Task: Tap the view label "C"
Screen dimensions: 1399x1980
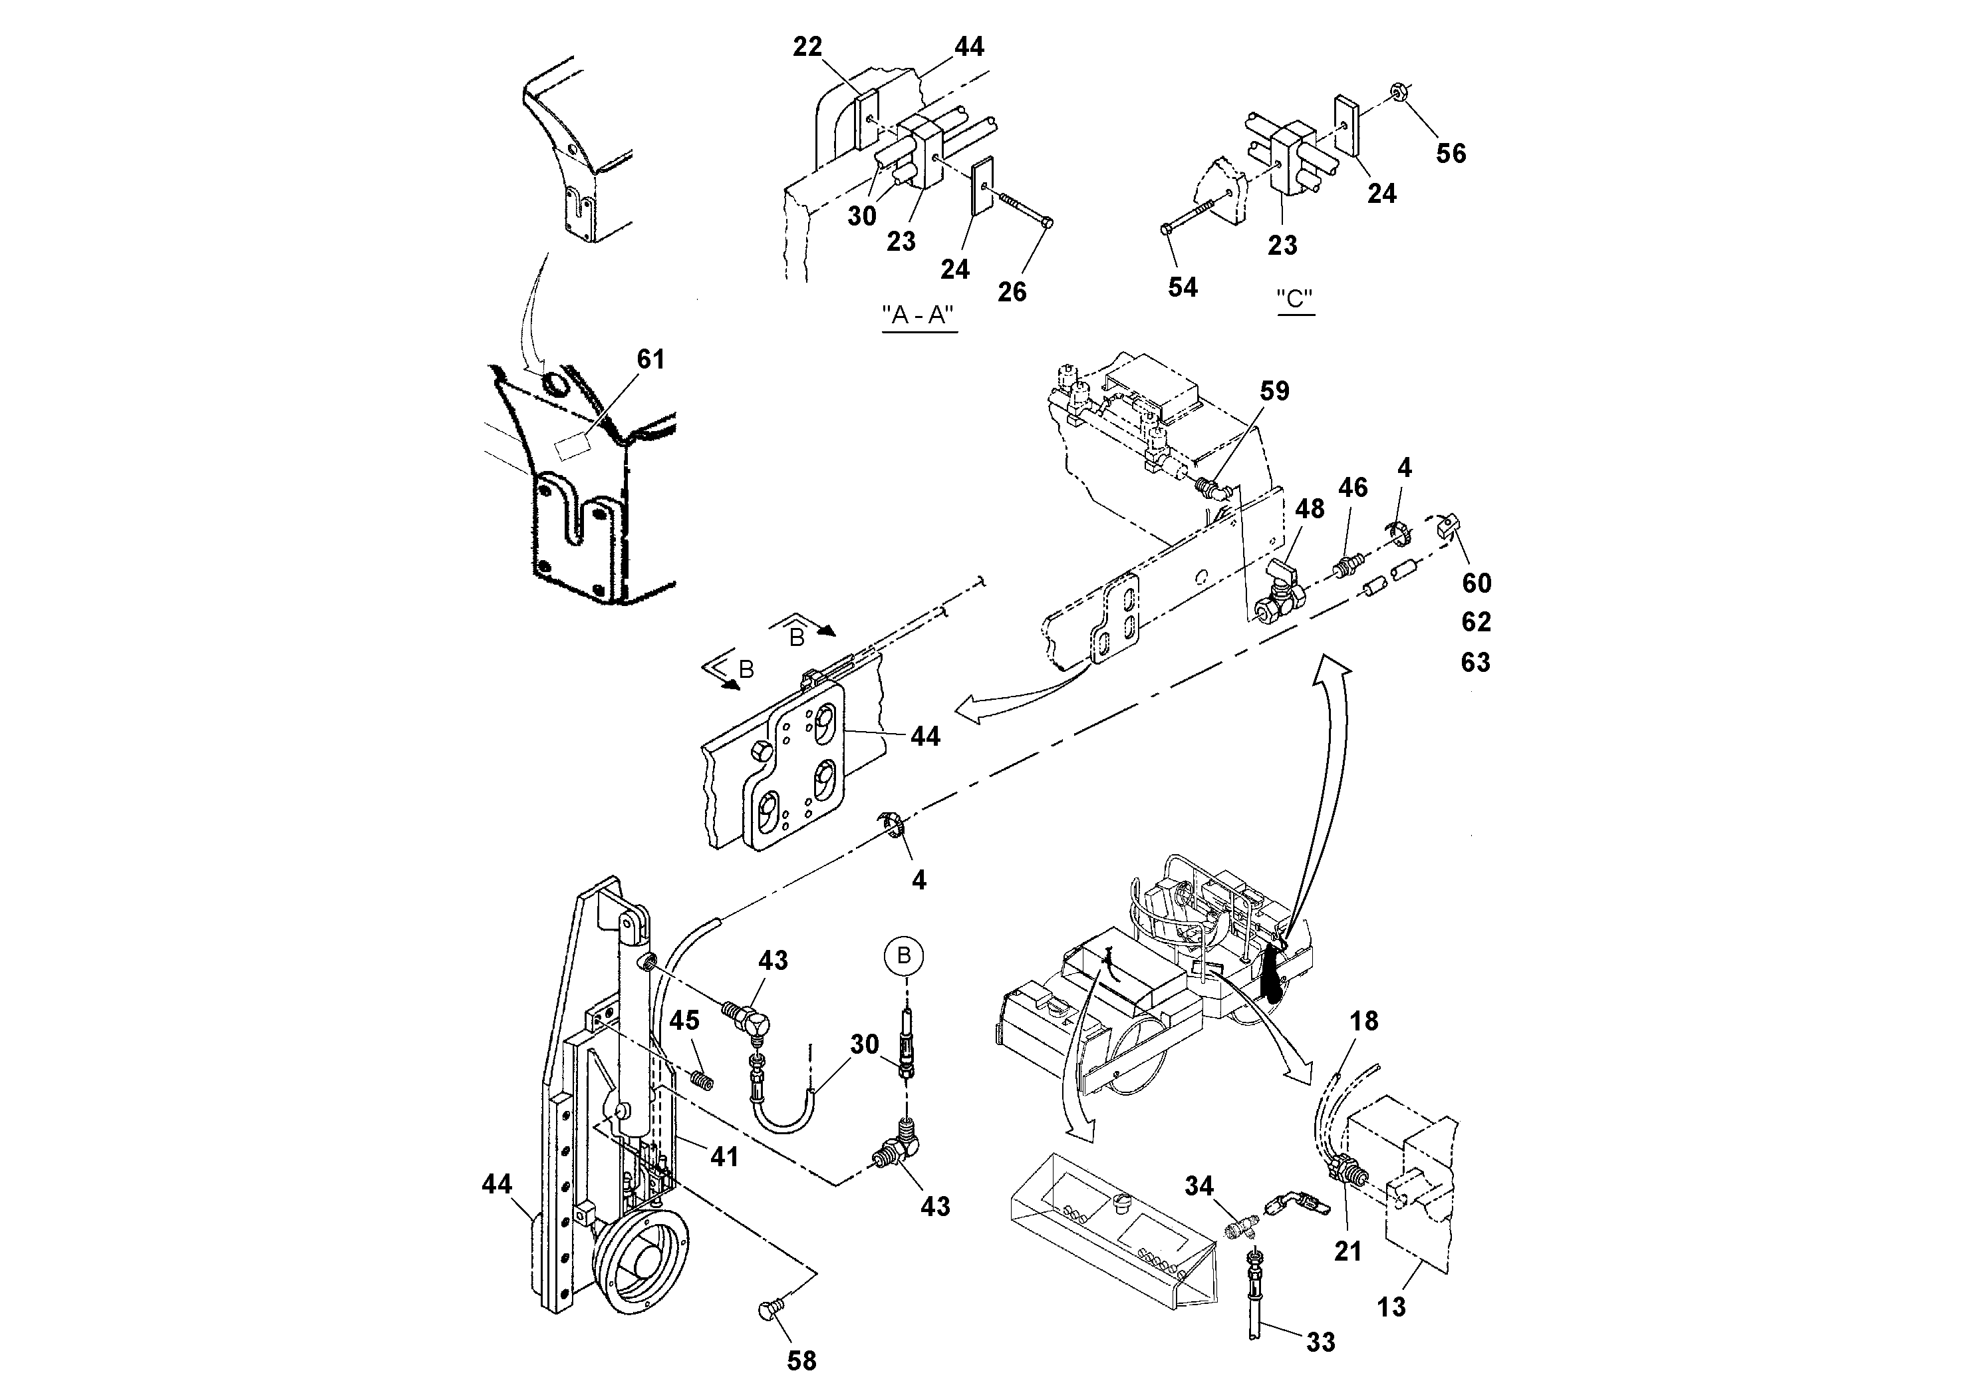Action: (x=1294, y=299)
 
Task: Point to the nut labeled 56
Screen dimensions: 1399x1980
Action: (x=1399, y=90)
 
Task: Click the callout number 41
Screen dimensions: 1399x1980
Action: (x=724, y=1157)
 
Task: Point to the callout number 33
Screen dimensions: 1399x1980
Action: (x=1320, y=1341)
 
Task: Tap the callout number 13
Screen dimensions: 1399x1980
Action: (x=1391, y=1308)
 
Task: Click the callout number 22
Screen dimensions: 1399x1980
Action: (x=807, y=47)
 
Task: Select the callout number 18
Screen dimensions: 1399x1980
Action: (x=1363, y=1021)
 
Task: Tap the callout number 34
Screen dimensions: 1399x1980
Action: (x=1199, y=1187)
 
